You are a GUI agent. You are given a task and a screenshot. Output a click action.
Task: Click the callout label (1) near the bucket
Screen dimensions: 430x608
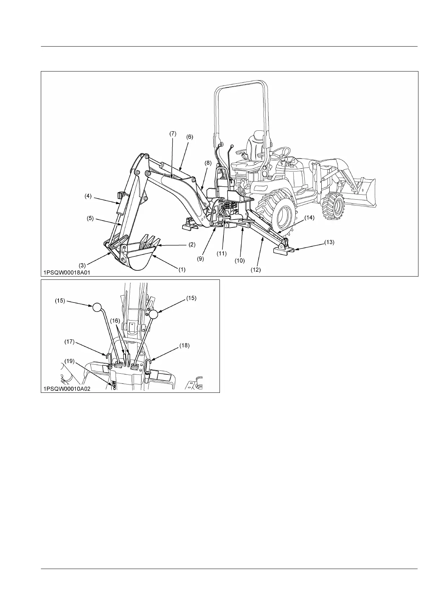click(182, 269)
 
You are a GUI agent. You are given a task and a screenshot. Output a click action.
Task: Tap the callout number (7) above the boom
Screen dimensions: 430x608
click(173, 134)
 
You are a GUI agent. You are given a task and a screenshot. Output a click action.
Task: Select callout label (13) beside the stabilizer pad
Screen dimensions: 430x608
click(329, 243)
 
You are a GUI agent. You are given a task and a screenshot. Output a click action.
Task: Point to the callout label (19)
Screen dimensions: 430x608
click(70, 361)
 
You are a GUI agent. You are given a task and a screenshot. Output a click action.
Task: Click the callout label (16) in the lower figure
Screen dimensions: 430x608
click(115, 321)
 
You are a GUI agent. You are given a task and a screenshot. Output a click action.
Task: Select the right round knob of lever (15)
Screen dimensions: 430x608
click(153, 314)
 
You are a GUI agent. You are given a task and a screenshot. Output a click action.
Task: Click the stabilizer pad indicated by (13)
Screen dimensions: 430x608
click(283, 250)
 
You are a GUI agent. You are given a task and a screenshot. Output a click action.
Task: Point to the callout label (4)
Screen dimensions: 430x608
click(88, 196)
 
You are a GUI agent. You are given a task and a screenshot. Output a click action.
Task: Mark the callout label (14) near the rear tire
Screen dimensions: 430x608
click(309, 218)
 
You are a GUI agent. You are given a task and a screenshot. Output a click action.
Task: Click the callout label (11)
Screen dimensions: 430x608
click(222, 253)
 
